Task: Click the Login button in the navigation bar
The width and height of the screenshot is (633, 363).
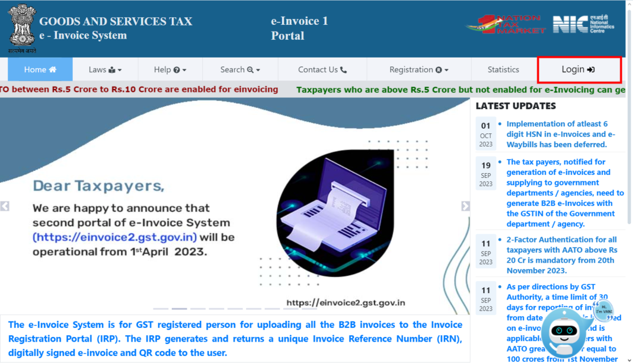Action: click(x=578, y=70)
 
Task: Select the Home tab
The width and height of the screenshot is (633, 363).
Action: click(x=40, y=70)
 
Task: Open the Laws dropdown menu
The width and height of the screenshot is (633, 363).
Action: click(x=105, y=70)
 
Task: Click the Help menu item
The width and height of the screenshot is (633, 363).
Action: click(x=170, y=70)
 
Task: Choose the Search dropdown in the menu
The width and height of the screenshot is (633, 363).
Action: click(x=240, y=70)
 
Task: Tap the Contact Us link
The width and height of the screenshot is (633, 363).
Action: click(x=322, y=70)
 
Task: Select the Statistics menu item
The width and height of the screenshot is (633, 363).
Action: click(x=503, y=70)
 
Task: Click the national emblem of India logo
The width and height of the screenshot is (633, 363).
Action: click(x=22, y=27)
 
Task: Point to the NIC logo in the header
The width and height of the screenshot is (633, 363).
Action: click(x=583, y=24)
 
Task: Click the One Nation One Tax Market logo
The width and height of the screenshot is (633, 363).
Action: click(x=506, y=24)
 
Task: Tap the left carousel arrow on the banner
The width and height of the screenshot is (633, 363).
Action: click(x=5, y=206)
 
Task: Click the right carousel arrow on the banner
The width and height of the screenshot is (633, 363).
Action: click(x=465, y=206)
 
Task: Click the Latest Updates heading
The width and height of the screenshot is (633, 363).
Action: click(x=516, y=106)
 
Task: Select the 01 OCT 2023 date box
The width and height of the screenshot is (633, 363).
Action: click(x=486, y=134)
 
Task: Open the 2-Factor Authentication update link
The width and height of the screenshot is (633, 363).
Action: click(x=561, y=250)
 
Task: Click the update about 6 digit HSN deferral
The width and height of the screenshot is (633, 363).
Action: click(x=560, y=134)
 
